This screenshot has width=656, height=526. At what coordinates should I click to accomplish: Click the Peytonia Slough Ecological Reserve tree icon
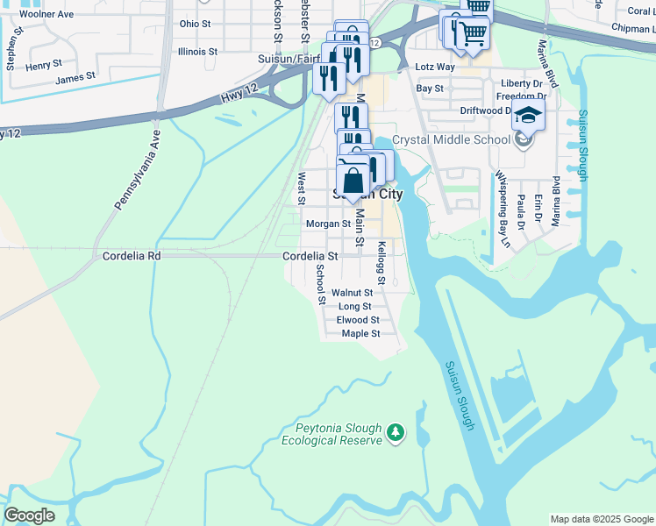(396, 432)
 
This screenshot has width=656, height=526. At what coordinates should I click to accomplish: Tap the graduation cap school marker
(529, 115)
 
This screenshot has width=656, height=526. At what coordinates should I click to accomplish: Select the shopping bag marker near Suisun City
(353, 181)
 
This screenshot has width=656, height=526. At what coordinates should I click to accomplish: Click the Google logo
(30, 515)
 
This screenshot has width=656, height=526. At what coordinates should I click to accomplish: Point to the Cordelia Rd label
(132, 256)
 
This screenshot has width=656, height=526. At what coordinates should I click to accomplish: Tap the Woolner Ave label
(46, 14)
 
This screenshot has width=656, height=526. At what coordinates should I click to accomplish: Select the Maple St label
(360, 334)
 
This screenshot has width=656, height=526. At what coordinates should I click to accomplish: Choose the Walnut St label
(352, 293)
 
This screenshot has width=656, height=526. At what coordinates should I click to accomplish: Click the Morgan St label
(328, 224)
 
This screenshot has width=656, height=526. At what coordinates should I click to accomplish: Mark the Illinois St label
(197, 52)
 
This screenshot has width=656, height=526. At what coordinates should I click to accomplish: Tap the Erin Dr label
(538, 209)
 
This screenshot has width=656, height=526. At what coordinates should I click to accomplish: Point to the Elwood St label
(358, 320)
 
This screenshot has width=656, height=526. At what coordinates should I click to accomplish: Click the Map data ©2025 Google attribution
(602, 519)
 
